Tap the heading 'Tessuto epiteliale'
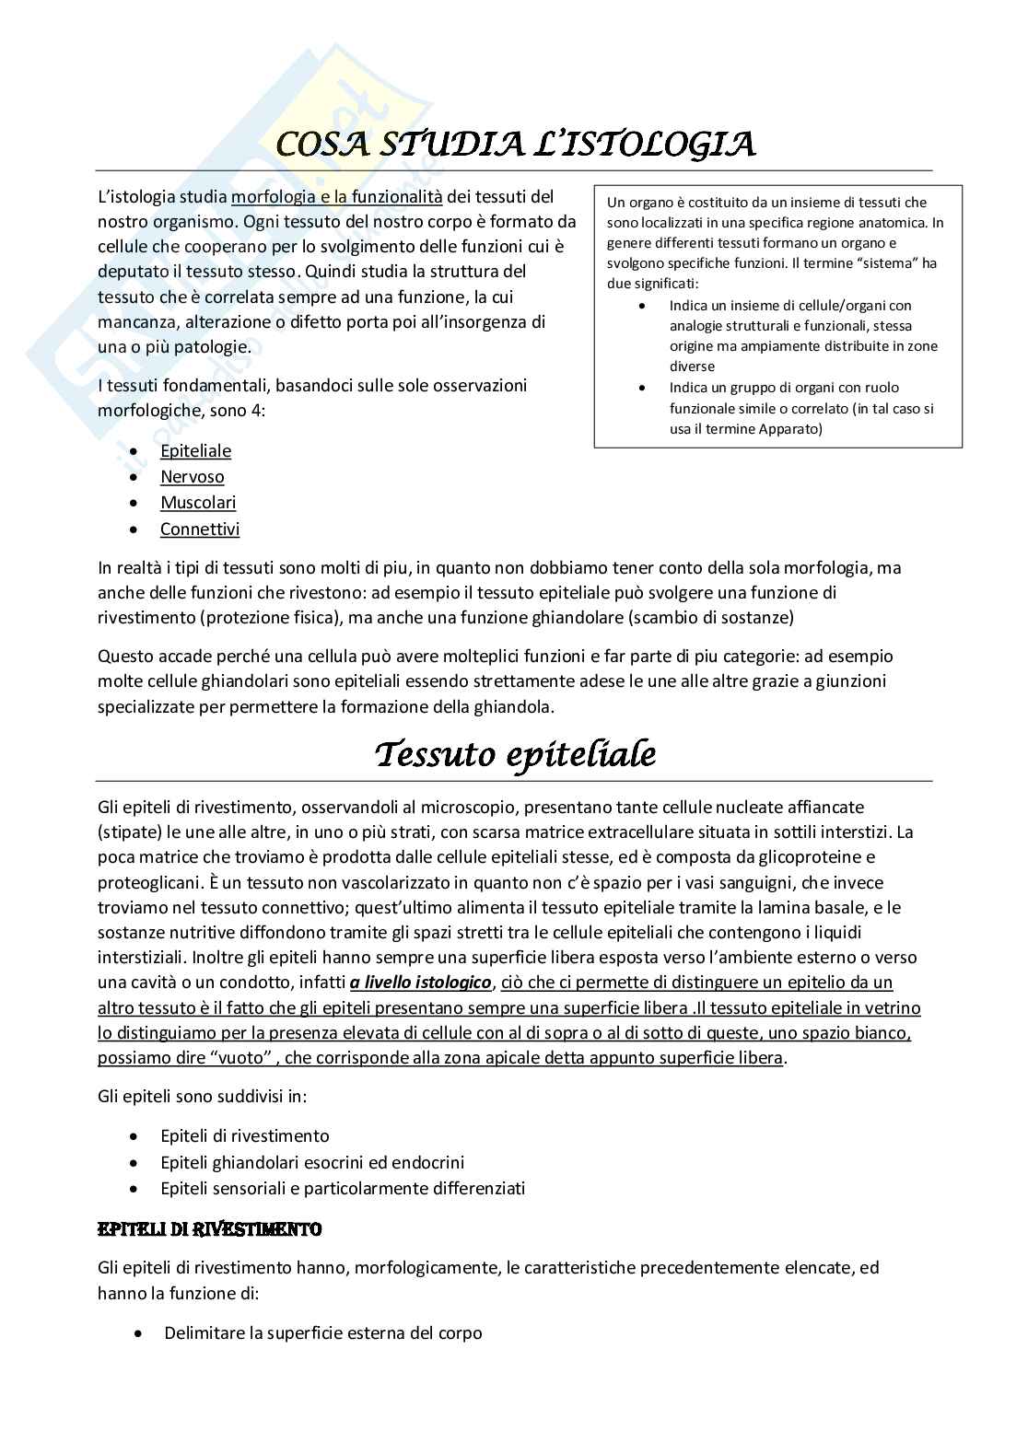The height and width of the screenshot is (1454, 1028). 515,755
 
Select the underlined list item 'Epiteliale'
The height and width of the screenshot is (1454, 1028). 195,450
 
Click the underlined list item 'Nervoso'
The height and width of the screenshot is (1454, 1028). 192,476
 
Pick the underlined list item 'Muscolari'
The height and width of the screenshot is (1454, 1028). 198,502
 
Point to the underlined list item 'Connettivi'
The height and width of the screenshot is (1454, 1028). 200,529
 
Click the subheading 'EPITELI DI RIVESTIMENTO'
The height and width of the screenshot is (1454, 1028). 209,1229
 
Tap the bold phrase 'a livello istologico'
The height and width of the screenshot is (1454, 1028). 420,983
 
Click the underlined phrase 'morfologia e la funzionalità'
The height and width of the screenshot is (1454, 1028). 337,196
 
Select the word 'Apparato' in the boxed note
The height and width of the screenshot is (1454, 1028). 791,428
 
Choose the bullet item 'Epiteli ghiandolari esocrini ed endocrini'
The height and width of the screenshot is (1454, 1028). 312,1162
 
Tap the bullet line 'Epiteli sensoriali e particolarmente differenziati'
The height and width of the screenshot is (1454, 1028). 343,1188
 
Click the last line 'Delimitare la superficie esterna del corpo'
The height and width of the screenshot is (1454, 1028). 322,1332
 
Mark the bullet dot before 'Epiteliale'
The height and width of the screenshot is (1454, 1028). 135,451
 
